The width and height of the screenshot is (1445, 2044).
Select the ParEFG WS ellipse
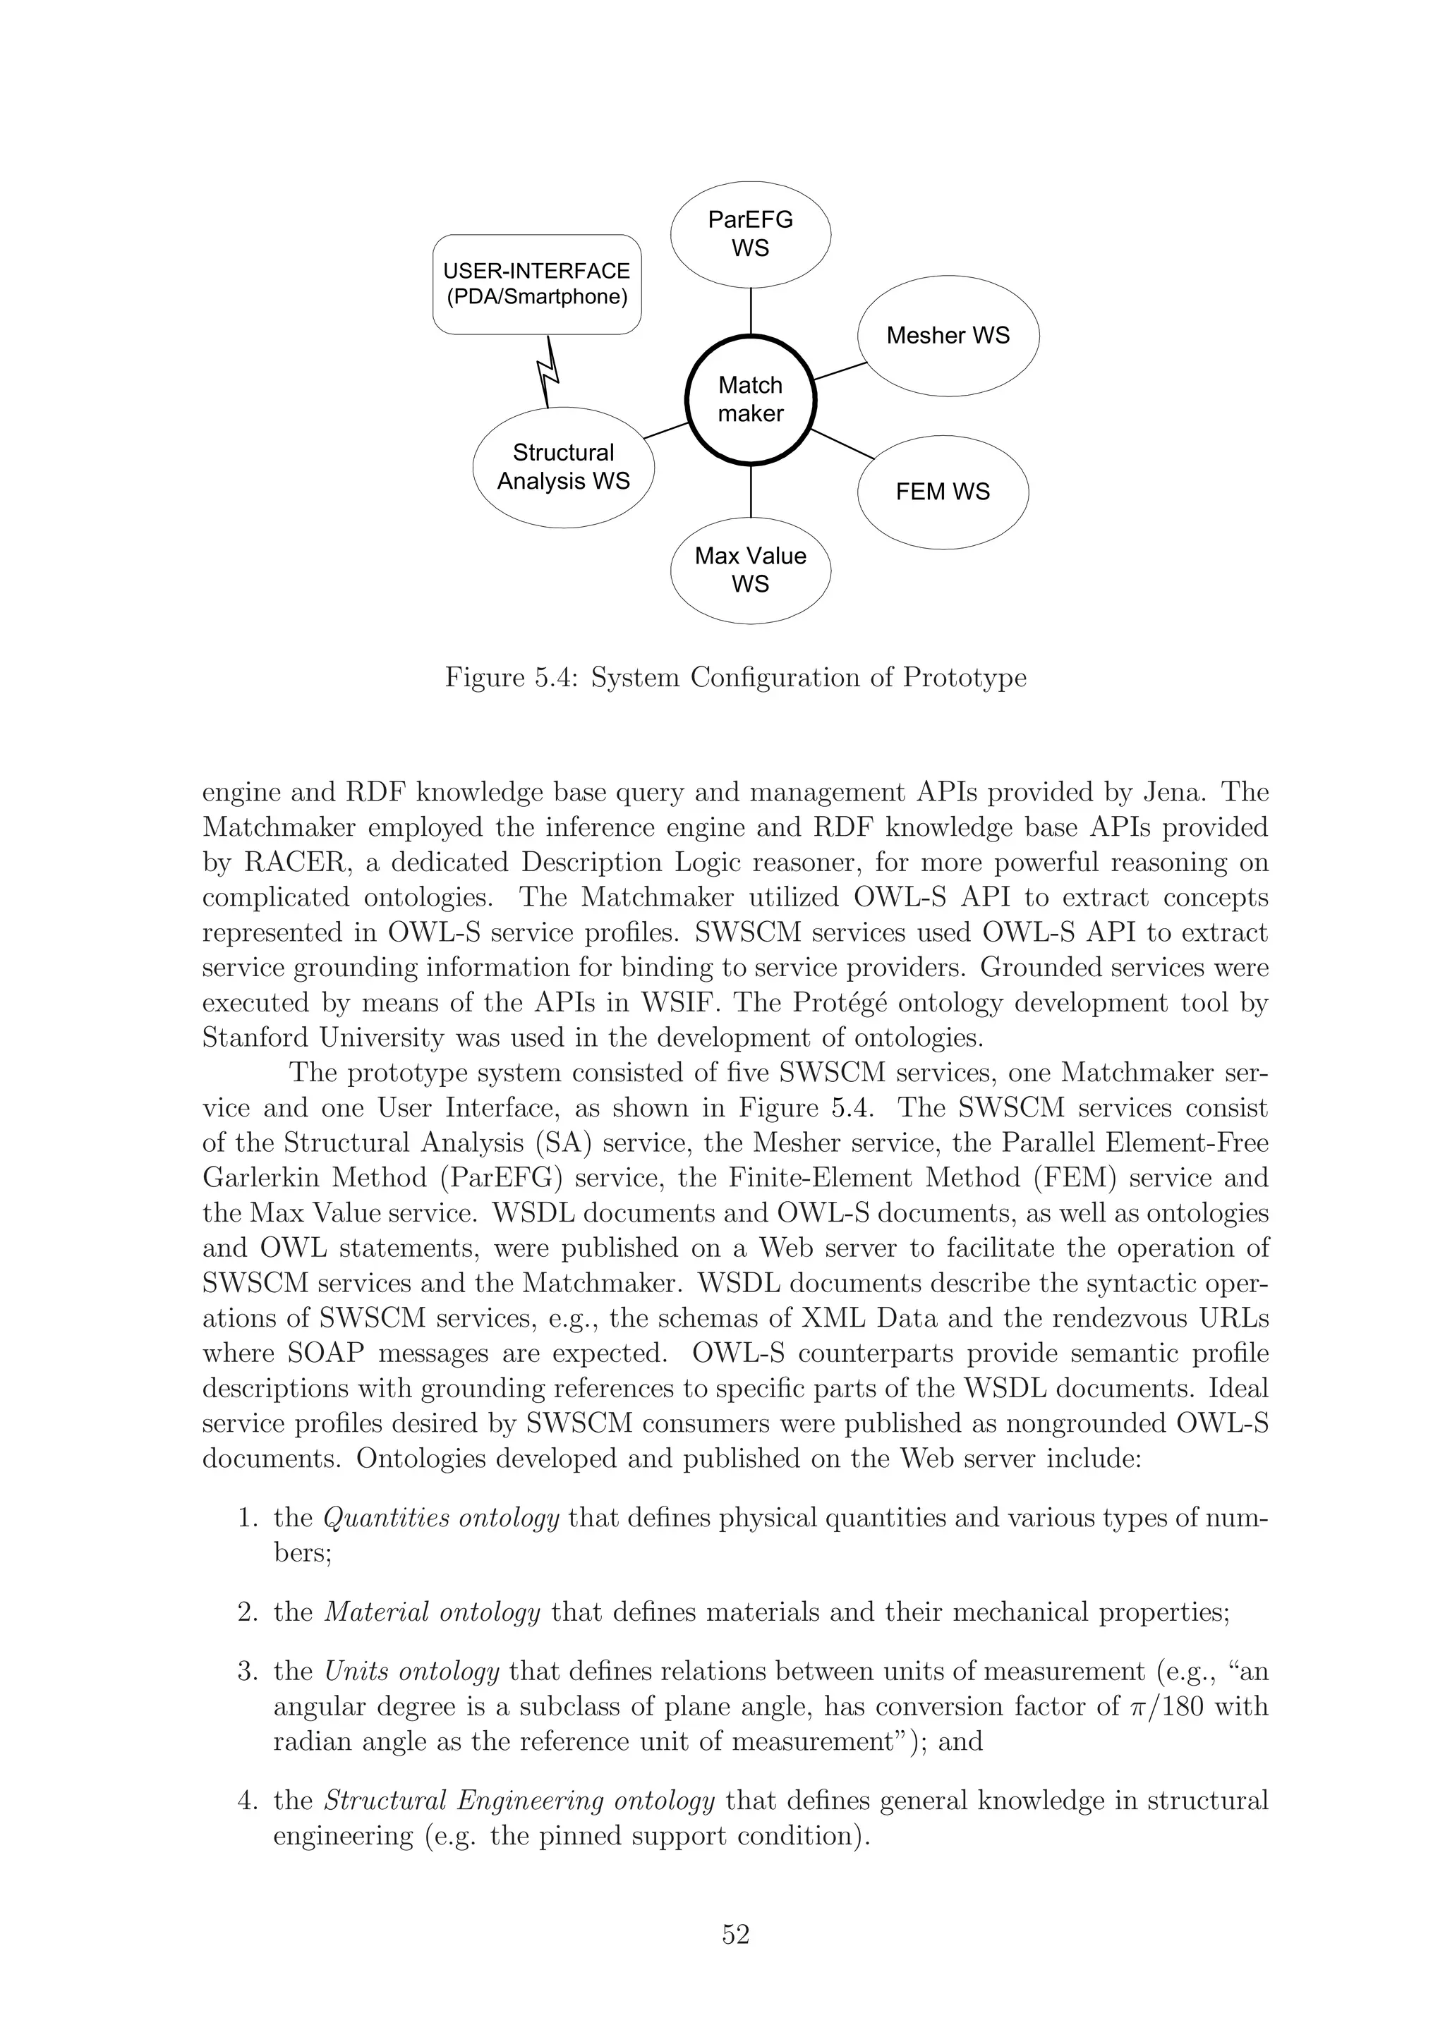pos(751,234)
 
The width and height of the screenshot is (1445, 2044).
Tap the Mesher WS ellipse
pos(948,336)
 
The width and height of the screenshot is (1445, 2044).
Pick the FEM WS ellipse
pos(942,492)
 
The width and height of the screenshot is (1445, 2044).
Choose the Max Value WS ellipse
pos(751,570)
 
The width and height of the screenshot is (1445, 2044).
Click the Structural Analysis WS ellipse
pos(562,468)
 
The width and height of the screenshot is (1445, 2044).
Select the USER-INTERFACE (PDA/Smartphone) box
pos(537,284)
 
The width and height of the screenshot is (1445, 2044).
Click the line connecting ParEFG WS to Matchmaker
pos(751,311)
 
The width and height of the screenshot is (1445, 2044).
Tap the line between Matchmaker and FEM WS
pos(843,444)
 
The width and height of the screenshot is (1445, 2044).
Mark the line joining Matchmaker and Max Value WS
pos(751,492)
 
